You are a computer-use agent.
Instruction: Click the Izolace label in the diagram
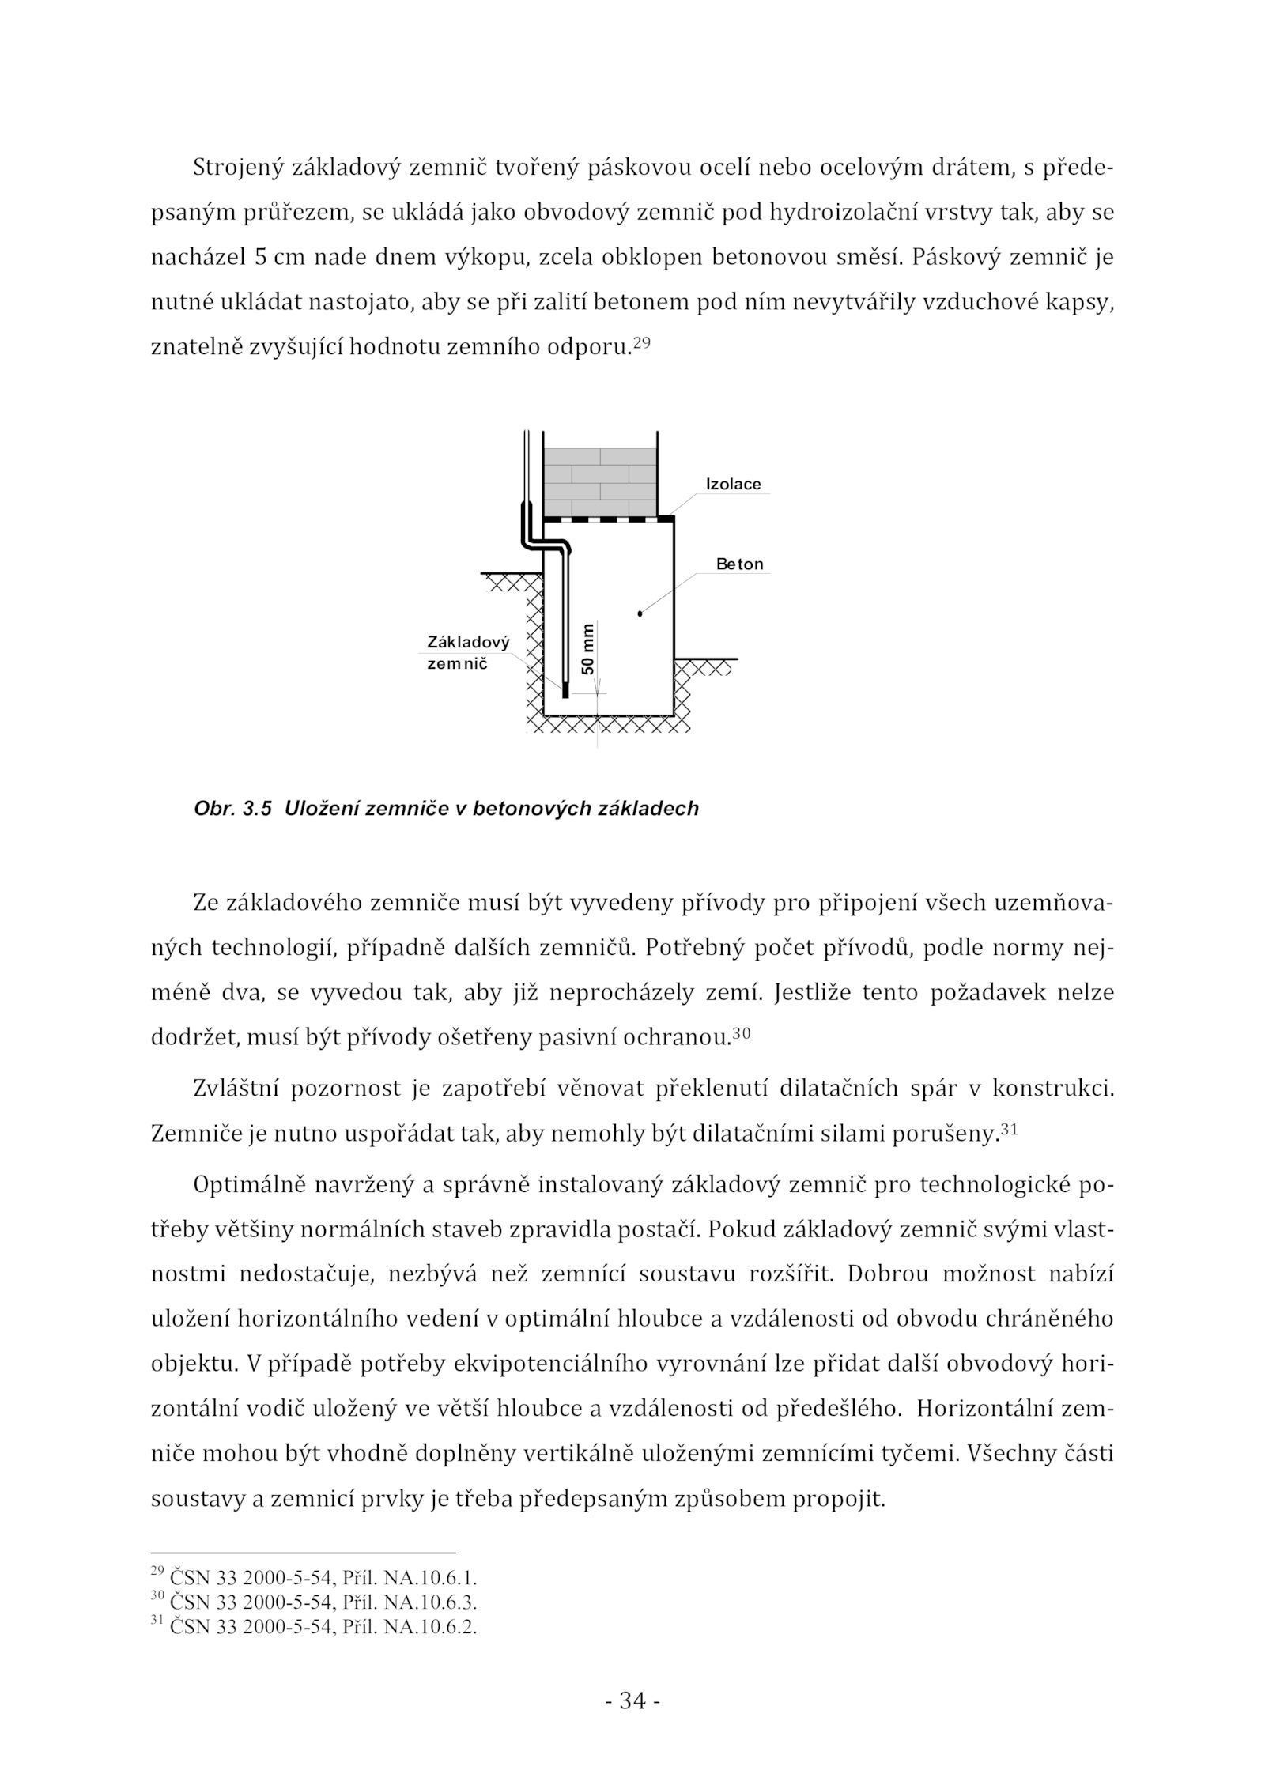733,485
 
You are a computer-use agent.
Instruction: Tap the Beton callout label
739,564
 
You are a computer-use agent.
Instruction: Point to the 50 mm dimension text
587,648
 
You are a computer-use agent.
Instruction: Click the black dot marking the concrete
640,613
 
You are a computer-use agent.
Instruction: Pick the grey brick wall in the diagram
600,482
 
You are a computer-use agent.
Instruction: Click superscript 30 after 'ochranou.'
741,1032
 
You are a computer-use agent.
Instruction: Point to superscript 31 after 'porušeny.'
1008,1129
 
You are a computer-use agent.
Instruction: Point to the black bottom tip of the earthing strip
565,692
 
